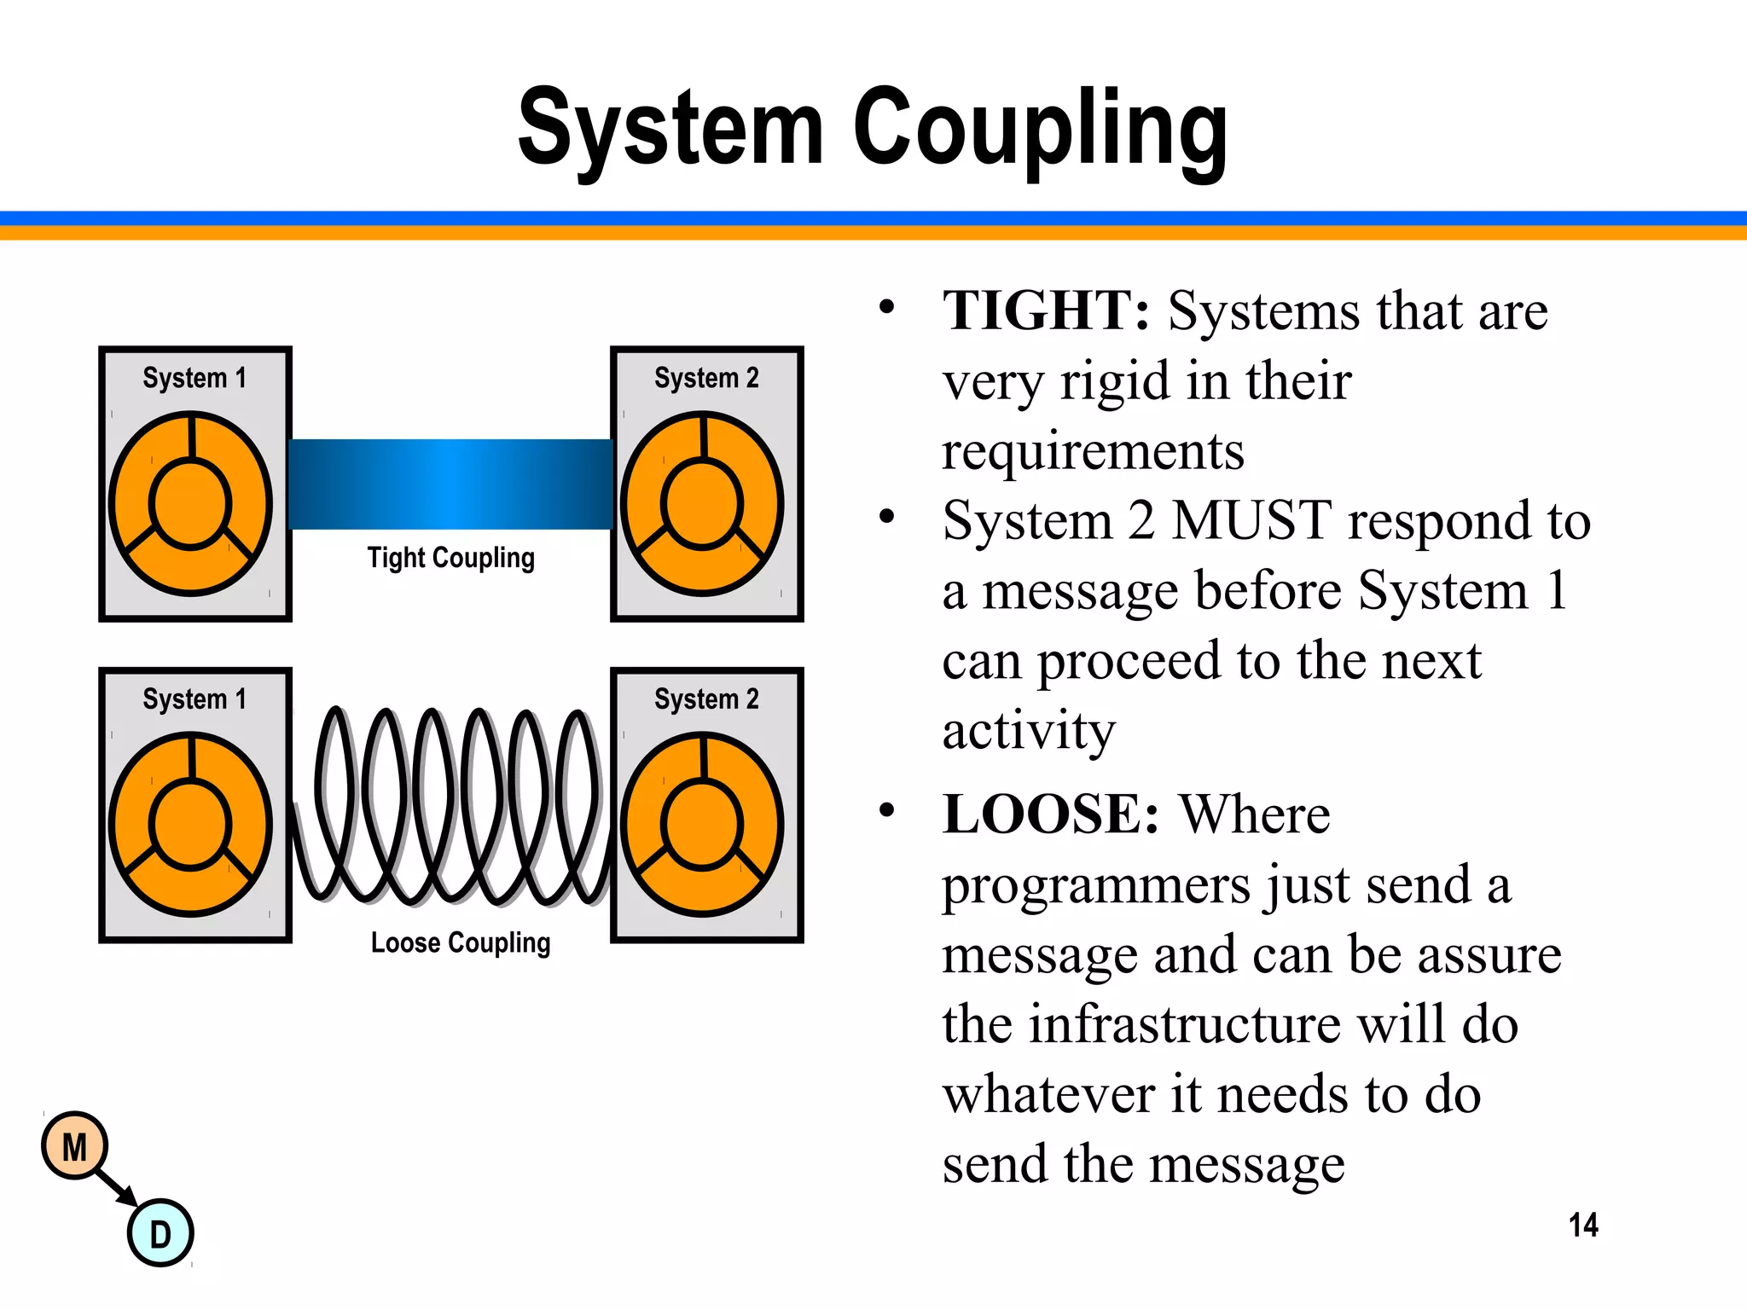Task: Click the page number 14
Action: (1583, 1226)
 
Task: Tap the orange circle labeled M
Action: (75, 1146)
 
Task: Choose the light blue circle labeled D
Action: (160, 1233)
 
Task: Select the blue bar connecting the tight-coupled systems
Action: (450, 484)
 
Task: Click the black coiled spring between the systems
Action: (452, 807)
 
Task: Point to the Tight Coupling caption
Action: (450, 558)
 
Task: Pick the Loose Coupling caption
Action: (461, 942)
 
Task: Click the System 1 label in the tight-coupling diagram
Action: (194, 378)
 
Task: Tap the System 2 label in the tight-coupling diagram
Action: (706, 378)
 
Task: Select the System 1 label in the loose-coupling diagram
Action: (194, 699)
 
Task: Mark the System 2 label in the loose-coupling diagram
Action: (706, 699)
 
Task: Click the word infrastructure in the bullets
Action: (1186, 1024)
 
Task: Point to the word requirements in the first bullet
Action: (1093, 450)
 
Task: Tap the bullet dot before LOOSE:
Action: (887, 810)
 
